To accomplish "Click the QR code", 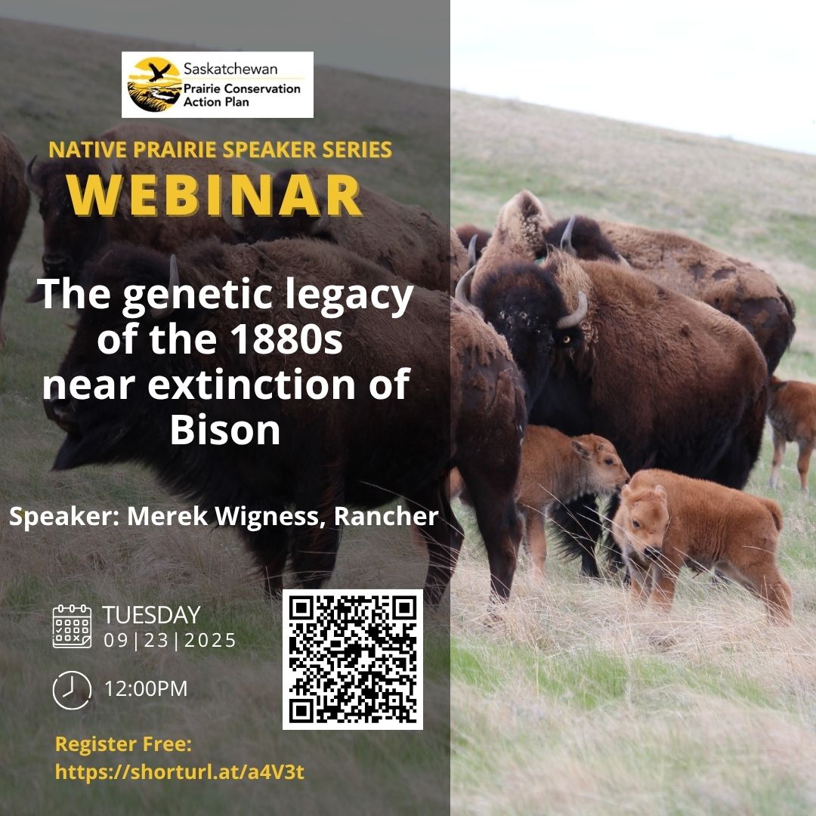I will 352,659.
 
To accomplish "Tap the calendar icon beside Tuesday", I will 72,626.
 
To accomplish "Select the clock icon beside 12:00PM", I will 72,689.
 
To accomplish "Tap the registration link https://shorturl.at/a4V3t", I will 180,772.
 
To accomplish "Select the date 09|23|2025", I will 170,641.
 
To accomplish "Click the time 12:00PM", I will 146,689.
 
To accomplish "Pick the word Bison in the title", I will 225,431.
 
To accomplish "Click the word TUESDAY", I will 151,615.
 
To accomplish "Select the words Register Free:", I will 124,744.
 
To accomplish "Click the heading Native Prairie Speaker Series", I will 220,149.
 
